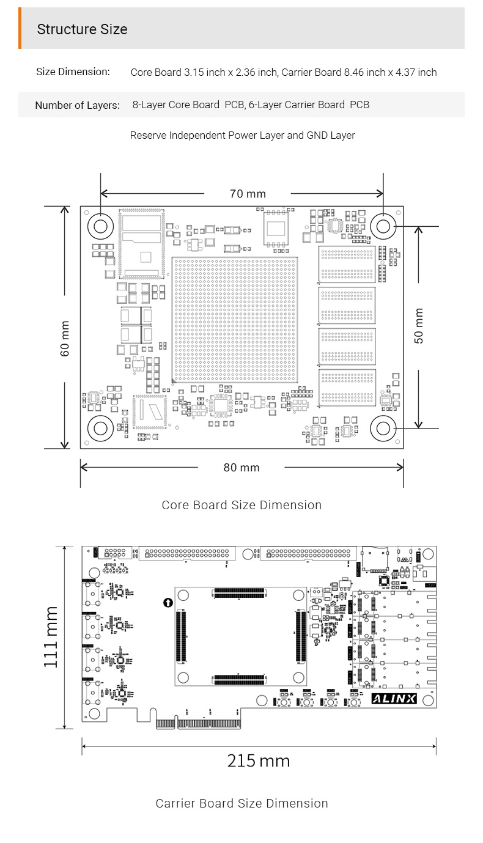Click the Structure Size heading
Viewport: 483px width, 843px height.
82,29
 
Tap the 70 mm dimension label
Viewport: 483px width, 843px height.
248,194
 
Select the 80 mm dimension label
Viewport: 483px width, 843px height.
242,468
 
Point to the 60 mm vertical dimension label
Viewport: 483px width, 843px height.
65,338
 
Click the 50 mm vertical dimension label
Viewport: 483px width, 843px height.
419,326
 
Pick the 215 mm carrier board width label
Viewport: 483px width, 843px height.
259,761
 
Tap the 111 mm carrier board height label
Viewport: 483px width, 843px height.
51,637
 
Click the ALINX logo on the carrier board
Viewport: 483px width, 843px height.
394,699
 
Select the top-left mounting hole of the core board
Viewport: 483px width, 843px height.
100,227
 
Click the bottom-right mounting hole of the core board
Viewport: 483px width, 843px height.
383,429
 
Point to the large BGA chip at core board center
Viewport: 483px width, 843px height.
235,320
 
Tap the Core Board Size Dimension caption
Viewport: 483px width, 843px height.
242,505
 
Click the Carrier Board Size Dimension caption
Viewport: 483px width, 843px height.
242,803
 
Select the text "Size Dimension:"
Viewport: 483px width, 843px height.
73,72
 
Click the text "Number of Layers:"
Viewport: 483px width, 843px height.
78,105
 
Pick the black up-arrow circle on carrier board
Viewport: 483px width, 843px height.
168,603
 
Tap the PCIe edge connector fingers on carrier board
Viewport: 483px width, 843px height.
198,724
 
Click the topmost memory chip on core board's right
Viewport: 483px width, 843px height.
347,264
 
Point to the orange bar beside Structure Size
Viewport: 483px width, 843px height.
20,28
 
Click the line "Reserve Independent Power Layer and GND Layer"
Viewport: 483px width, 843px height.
243,136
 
